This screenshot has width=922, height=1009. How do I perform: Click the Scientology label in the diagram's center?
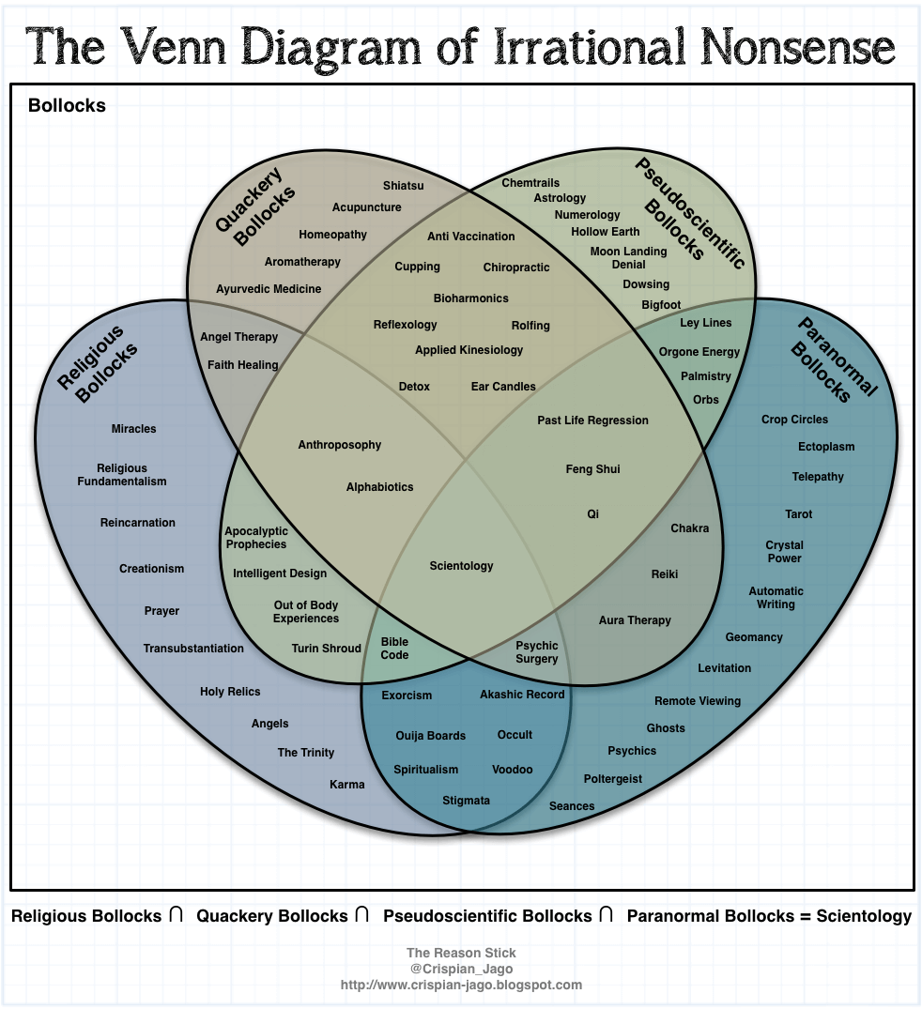point(461,566)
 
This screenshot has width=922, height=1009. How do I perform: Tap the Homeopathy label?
point(333,235)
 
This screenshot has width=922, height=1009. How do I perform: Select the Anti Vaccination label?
point(471,237)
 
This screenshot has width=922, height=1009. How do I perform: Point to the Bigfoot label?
point(661,305)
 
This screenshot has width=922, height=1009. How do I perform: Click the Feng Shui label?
point(592,469)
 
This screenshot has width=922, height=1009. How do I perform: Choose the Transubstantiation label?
point(193,649)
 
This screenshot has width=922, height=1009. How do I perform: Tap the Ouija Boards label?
point(430,736)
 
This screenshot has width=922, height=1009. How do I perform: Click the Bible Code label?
point(394,649)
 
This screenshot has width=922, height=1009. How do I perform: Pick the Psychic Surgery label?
point(537,652)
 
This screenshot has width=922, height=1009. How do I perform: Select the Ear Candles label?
point(503,387)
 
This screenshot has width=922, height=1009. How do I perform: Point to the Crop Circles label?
point(794,420)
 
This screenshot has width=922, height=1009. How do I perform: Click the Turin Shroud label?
point(326,649)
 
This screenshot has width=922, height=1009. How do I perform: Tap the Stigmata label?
point(467,801)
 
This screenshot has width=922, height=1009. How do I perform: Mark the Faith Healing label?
point(242,365)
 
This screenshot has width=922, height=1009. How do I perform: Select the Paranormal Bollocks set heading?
point(834,359)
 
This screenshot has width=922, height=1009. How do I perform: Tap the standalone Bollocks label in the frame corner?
point(67,106)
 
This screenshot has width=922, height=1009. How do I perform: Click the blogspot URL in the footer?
point(461,986)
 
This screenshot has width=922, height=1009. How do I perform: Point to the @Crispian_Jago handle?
point(461,970)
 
